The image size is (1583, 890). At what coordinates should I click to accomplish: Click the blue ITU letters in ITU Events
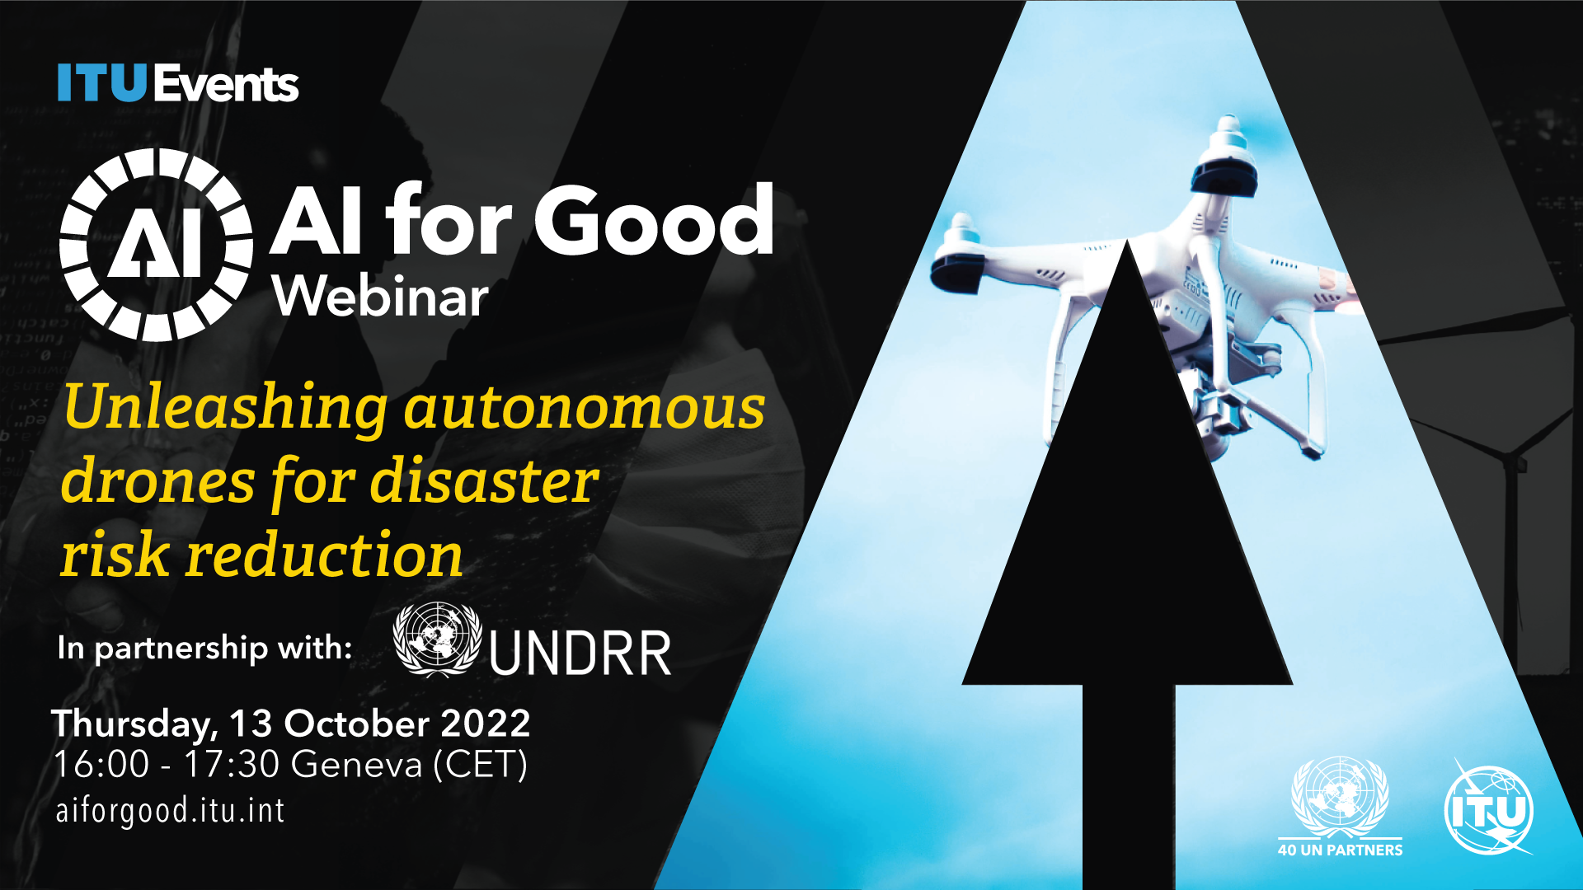click(102, 83)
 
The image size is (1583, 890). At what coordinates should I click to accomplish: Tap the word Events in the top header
click(226, 83)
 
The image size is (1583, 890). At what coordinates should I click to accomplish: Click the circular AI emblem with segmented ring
click(156, 245)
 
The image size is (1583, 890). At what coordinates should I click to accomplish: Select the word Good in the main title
click(655, 220)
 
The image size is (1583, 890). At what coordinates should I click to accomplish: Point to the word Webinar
click(381, 296)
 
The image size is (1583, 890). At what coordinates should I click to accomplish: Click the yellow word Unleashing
click(225, 408)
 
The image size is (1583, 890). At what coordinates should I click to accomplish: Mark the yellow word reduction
click(324, 555)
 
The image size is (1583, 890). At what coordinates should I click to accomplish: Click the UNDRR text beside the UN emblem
click(580, 654)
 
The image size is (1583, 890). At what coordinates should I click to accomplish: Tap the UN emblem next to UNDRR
click(437, 639)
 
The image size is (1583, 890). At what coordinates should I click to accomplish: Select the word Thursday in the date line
click(133, 724)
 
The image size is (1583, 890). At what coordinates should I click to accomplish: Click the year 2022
click(486, 724)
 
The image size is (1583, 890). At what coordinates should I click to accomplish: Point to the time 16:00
click(101, 765)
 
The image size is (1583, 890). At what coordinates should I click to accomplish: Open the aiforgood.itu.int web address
click(170, 811)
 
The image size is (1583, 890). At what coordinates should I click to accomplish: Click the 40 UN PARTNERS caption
click(1340, 850)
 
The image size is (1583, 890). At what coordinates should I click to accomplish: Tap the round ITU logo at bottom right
click(1489, 810)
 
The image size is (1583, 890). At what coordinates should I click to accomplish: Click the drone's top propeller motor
click(1226, 157)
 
